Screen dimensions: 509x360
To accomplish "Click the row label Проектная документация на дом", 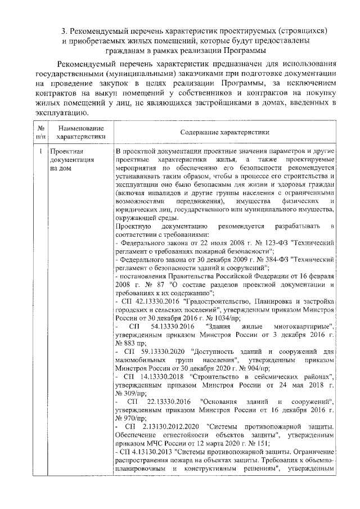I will [x=67, y=160].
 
